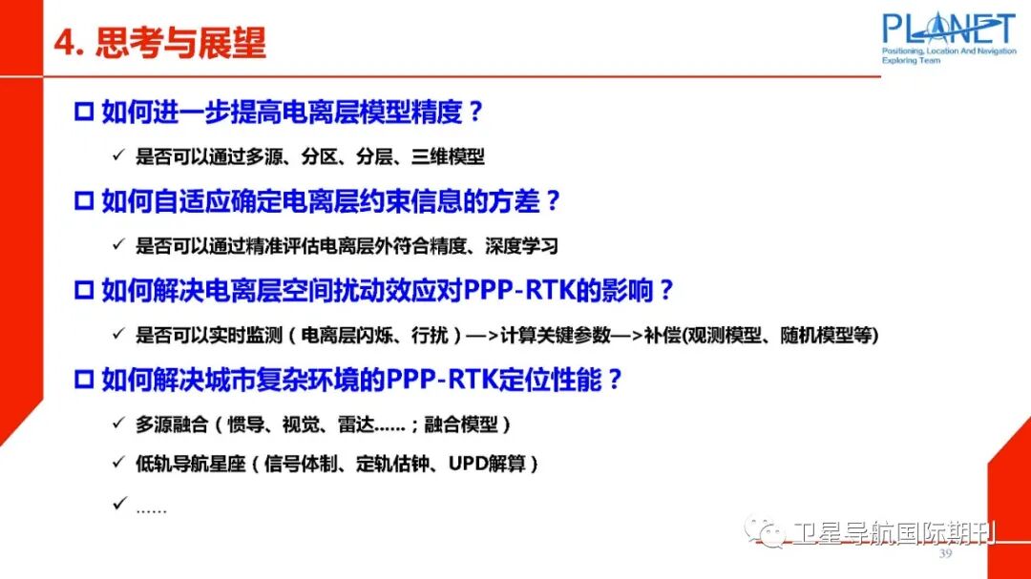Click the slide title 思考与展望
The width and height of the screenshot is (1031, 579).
tap(180, 44)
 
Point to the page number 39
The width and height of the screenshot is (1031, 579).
tap(946, 554)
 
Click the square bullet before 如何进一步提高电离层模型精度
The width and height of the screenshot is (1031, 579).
tap(83, 113)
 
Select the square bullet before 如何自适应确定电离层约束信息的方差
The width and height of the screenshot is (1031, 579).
tap(83, 201)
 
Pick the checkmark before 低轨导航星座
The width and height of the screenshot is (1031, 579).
tap(118, 464)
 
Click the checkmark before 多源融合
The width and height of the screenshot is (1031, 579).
tap(118, 423)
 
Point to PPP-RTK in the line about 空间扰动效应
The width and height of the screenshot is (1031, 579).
tap(522, 290)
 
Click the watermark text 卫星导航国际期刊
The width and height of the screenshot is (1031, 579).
tap(892, 532)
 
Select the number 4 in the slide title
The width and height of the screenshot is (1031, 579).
tap(64, 44)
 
